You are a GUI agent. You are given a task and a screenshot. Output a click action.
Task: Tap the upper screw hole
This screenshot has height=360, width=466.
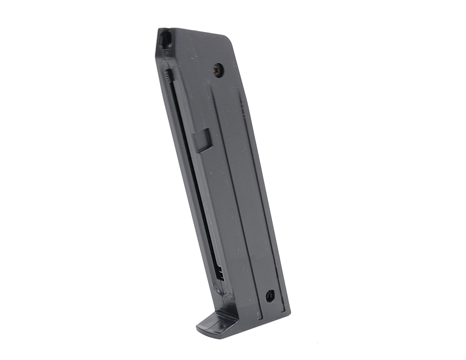pyautogui.click(x=218, y=71)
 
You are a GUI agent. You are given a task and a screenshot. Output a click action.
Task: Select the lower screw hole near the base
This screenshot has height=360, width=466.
pyautogui.click(x=270, y=296)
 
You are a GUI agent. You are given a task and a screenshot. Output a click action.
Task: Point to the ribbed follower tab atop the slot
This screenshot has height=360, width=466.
pyautogui.click(x=167, y=75)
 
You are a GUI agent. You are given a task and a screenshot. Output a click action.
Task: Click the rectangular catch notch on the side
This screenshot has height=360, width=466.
pyautogui.click(x=203, y=140)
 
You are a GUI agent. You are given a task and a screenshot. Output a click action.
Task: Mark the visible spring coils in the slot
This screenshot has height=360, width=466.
pyautogui.click(x=220, y=272)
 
